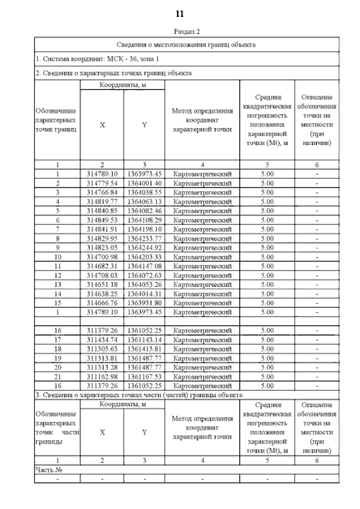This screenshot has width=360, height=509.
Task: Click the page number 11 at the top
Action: tap(179, 13)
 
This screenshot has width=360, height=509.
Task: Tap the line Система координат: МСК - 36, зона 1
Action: tap(90, 58)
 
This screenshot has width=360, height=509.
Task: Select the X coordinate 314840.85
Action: tap(102, 210)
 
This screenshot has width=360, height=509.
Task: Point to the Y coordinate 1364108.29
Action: tap(144, 219)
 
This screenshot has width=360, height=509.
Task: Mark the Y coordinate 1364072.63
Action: tap(144, 275)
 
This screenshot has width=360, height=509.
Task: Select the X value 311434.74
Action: tap(102, 339)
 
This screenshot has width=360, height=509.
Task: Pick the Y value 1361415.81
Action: tap(144, 348)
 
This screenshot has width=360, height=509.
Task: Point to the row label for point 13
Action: tap(57, 284)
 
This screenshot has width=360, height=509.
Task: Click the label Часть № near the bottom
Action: tap(48, 469)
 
